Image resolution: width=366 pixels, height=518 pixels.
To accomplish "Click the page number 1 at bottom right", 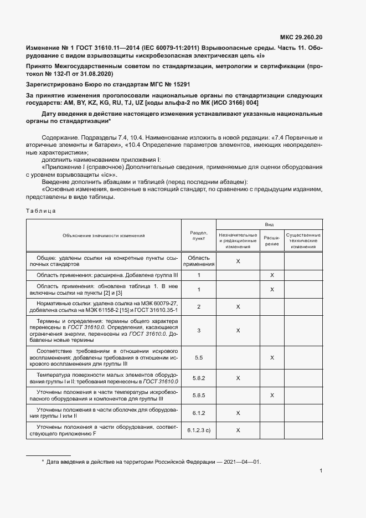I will coord(321,471).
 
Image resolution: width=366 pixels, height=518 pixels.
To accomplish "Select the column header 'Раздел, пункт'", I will coord(199,235).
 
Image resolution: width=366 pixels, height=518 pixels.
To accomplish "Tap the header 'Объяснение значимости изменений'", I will coord(104,235).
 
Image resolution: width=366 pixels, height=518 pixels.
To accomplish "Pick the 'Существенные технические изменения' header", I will coord(303,241).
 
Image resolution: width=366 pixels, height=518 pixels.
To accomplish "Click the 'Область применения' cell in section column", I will coord(199,261).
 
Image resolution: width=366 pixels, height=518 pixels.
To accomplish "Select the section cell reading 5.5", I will coord(199,358).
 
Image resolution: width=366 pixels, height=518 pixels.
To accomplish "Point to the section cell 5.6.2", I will coord(199,378).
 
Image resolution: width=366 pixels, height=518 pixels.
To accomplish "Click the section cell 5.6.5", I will coord(199,396).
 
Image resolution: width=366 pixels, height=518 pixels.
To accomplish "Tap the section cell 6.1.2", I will coord(199,413).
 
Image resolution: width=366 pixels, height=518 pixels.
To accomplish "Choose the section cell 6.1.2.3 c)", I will coord(199,430).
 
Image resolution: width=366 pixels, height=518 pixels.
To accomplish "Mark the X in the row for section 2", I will coord(238,306).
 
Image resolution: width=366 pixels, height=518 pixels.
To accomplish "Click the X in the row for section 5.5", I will coord(272,358).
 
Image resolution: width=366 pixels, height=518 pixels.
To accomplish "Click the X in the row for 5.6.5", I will coord(272,396).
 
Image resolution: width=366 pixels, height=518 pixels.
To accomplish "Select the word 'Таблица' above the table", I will coord(40,211).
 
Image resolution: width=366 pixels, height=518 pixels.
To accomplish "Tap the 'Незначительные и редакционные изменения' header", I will coord(238,241).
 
